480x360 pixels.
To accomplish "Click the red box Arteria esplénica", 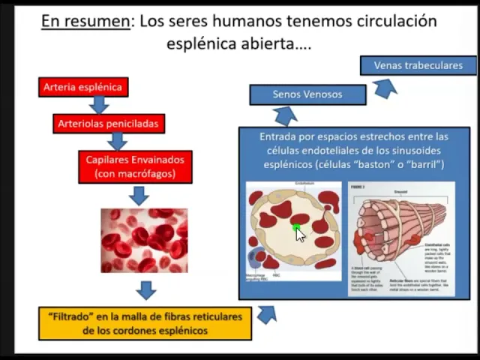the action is point(82,87).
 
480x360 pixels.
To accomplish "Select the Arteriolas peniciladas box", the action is point(108,123).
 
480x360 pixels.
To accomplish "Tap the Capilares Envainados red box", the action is point(135,166).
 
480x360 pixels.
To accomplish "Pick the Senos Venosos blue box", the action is point(307,94).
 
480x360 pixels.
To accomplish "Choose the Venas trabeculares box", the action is point(418,65).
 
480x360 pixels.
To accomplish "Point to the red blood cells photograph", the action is point(144,240).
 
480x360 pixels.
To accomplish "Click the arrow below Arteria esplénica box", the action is point(98,105).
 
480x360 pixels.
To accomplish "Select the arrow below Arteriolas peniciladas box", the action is point(116,141).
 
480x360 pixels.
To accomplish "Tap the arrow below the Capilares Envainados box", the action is point(139,196).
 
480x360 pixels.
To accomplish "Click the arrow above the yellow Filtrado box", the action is point(145,289).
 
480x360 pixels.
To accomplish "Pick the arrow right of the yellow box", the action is point(266,313).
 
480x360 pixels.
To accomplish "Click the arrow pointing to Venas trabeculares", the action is point(385,88).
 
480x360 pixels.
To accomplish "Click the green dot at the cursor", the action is point(296,228).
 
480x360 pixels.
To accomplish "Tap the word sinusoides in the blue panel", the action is point(418,150).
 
